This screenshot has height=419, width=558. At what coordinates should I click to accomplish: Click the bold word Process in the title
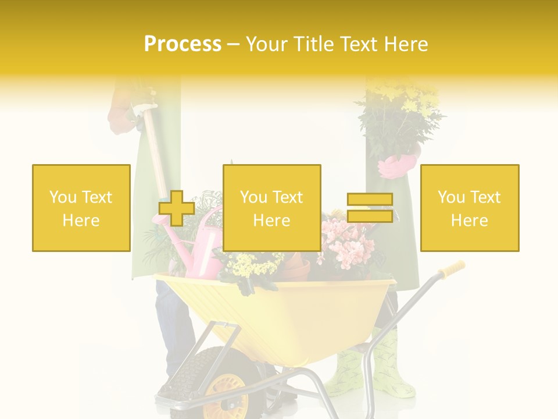(x=183, y=44)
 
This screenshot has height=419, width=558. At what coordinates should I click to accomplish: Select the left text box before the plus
(x=81, y=208)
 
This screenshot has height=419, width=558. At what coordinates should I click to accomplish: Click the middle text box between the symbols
(x=271, y=208)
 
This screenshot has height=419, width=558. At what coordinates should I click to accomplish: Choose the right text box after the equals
(x=469, y=208)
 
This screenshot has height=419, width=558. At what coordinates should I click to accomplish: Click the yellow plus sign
(x=177, y=208)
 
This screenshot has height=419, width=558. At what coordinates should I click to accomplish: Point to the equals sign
(x=370, y=208)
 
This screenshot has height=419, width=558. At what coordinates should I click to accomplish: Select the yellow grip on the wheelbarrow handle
(x=452, y=269)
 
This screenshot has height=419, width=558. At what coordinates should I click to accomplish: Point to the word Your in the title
(x=267, y=44)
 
